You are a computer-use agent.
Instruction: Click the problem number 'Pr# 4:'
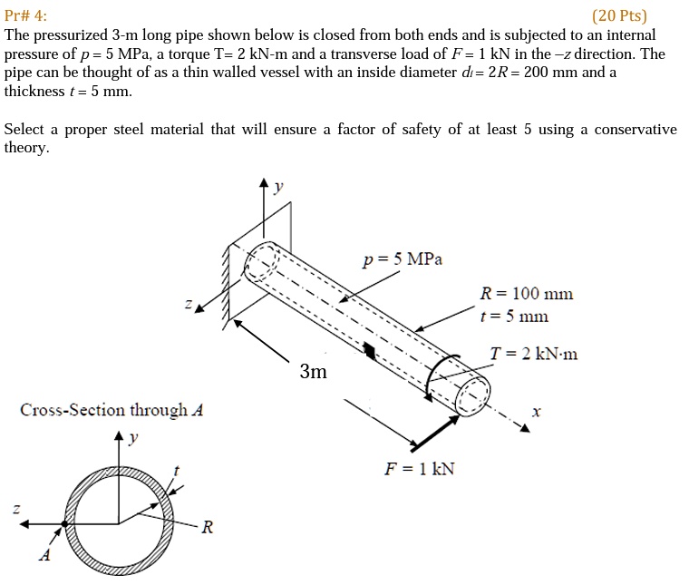[27, 15]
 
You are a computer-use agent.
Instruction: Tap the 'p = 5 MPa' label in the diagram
[403, 259]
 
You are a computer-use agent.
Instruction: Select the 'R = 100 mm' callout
[526, 294]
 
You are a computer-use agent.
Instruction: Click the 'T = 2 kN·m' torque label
[533, 354]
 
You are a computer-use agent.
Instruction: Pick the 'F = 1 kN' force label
[420, 468]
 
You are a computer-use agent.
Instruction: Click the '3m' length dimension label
[313, 372]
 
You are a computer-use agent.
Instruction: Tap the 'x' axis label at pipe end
[536, 411]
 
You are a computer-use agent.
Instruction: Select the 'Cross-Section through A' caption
[112, 410]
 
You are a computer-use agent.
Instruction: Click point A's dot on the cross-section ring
[64, 524]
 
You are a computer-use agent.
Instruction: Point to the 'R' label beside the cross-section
[207, 527]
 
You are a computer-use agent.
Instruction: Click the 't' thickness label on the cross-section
[177, 469]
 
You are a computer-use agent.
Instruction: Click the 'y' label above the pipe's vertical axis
[278, 186]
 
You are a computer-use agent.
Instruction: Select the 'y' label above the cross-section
[133, 438]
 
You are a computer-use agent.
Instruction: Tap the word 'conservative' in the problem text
[628, 129]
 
